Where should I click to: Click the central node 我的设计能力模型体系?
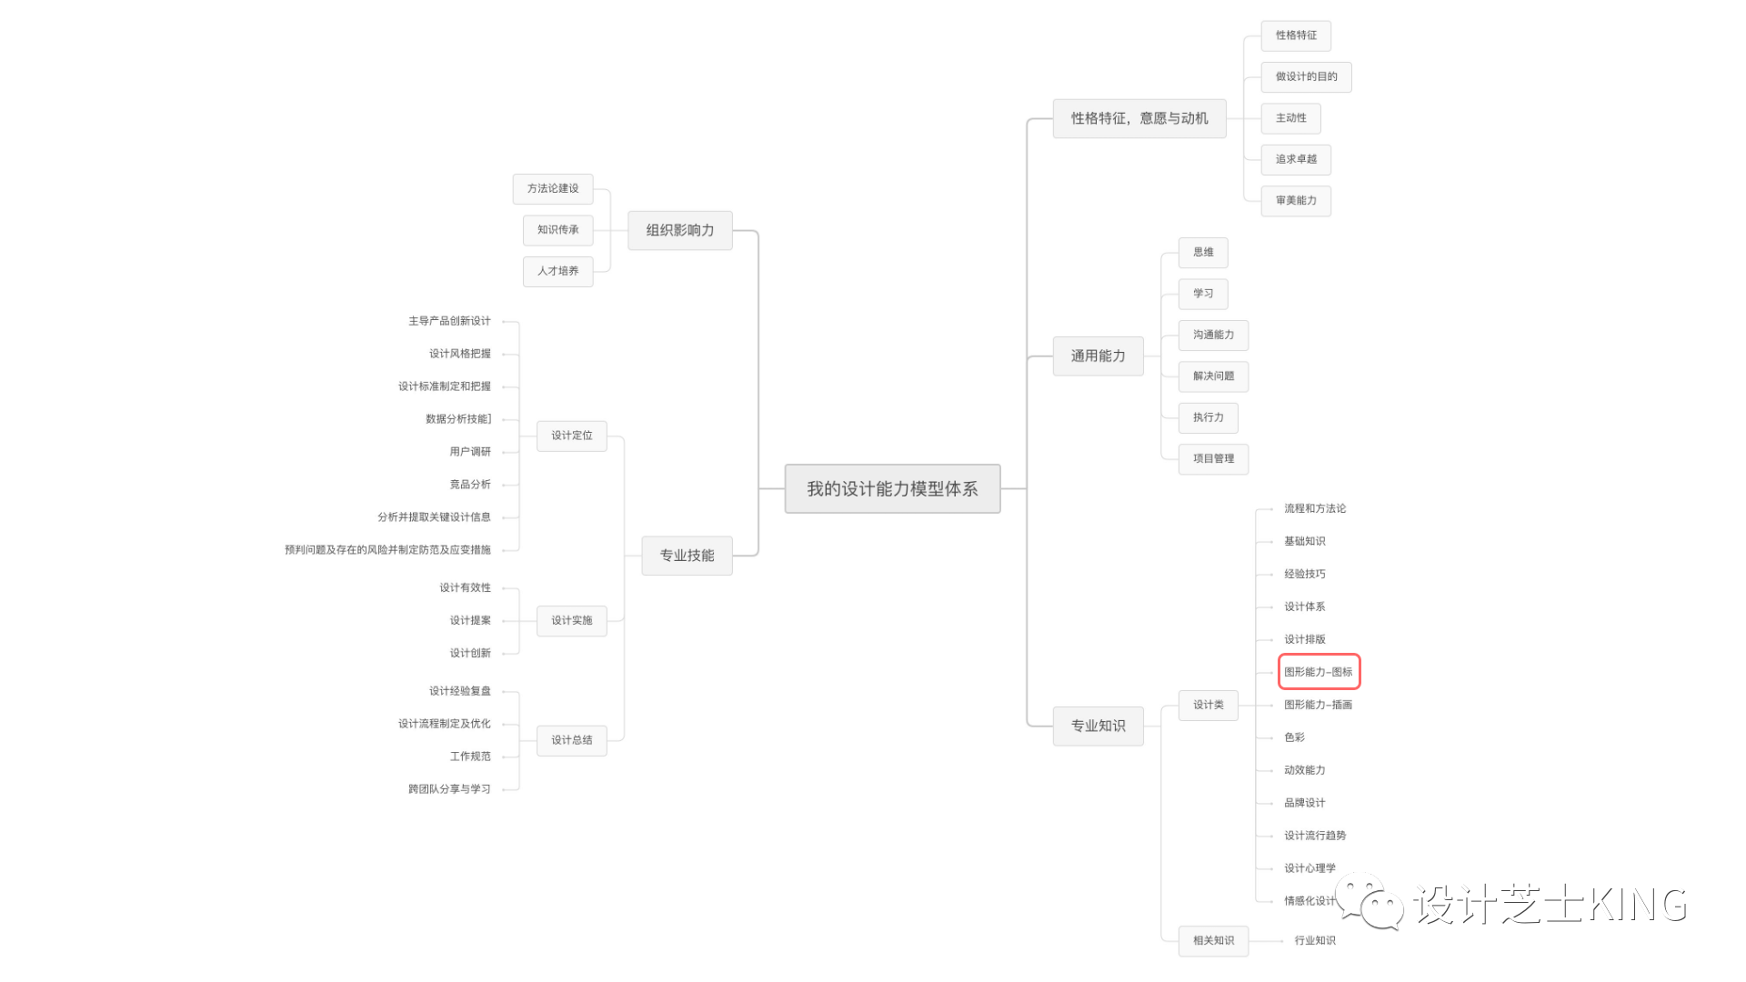pyautogui.click(x=892, y=489)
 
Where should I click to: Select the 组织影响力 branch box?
pyautogui.click(x=680, y=231)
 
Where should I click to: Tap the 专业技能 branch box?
pyautogui.click(x=687, y=556)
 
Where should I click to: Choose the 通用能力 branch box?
pyautogui.click(x=1098, y=356)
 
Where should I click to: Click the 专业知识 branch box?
pyautogui.click(x=1098, y=726)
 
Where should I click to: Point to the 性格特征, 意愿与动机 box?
pyautogui.click(x=1139, y=118)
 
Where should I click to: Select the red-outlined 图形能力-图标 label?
pyautogui.click(x=1319, y=672)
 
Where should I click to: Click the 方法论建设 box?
pyautogui.click(x=553, y=189)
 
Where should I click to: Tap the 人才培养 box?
pyautogui.click(x=557, y=271)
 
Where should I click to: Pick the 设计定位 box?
pyautogui.click(x=571, y=436)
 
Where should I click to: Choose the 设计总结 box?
pyautogui.click(x=571, y=740)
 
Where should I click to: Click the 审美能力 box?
pyautogui.click(x=1296, y=201)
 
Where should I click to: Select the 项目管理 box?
pyautogui.click(x=1213, y=459)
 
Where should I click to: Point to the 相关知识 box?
pyautogui.click(x=1213, y=941)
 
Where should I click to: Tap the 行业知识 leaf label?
pyautogui.click(x=1315, y=941)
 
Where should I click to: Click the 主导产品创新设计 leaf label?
pyautogui.click(x=449, y=321)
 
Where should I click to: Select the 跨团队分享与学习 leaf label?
pyautogui.click(x=449, y=789)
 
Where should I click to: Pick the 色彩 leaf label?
pyautogui.click(x=1294, y=737)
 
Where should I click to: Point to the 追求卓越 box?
pyautogui.click(x=1296, y=160)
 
